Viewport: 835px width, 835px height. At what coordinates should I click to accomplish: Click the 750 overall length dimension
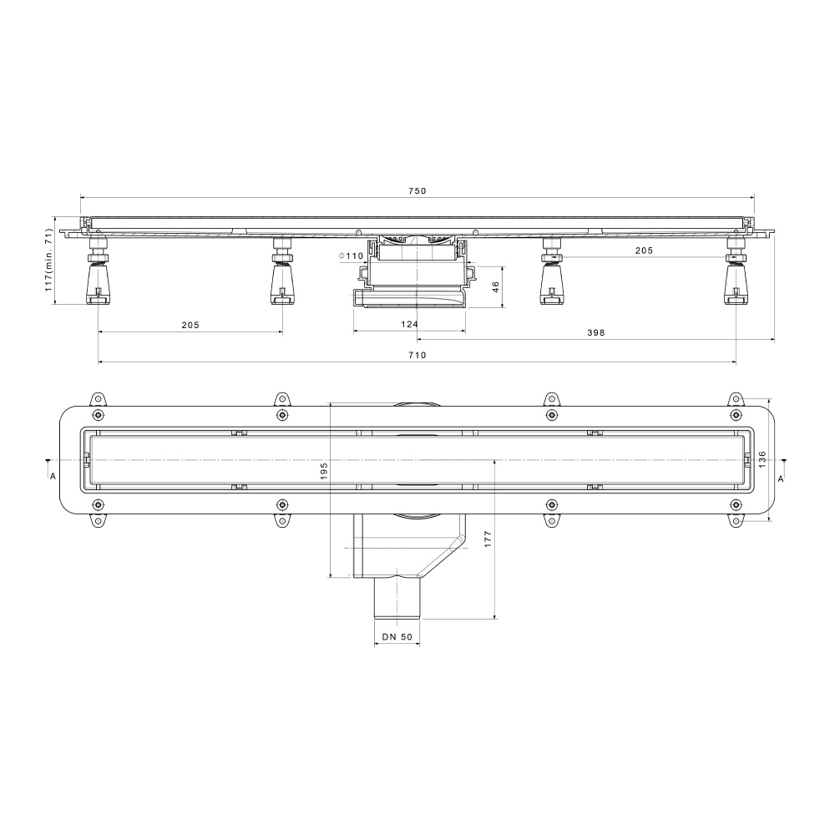417,191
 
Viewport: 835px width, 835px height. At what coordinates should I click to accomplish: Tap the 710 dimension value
417,355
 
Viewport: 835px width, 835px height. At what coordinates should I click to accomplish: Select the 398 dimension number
596,333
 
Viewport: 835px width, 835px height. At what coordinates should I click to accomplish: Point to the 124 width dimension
409,324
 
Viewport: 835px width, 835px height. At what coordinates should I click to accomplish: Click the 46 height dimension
496,287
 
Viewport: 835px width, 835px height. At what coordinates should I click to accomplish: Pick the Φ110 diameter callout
352,256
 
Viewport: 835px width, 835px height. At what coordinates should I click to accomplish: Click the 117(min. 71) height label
48,260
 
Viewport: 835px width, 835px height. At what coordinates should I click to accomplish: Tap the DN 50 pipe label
397,637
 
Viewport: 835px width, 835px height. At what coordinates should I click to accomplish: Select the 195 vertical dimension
324,471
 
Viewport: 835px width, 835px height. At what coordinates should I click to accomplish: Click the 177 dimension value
488,539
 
